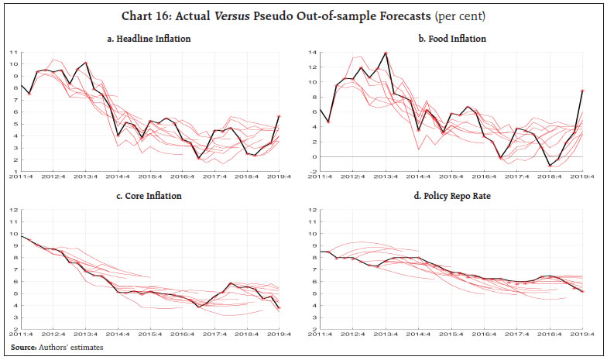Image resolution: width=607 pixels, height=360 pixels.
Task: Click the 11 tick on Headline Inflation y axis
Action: tap(13, 52)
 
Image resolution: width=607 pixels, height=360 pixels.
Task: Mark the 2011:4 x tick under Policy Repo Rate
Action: tap(324, 335)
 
